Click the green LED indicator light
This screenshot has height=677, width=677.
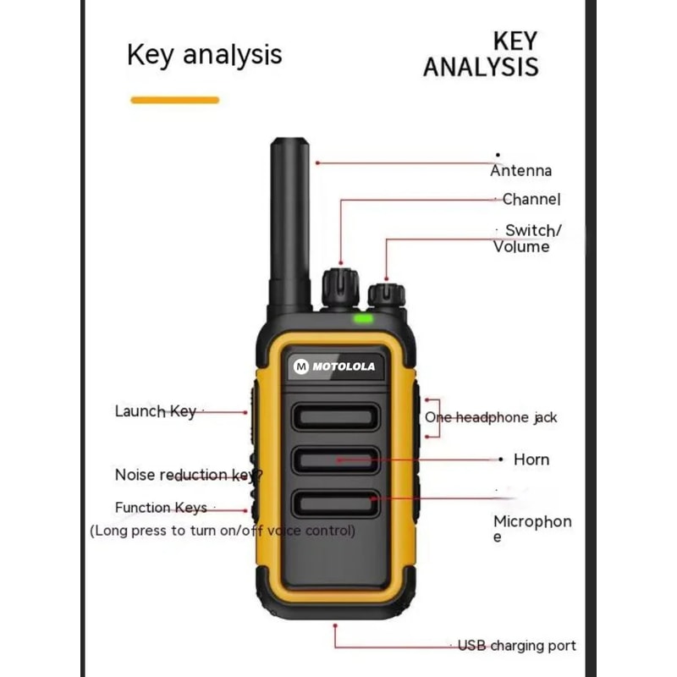pos(364,319)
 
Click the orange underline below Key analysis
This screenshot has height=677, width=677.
pos(174,100)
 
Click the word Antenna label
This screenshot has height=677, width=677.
pos(520,171)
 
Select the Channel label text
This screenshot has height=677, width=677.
pos(531,200)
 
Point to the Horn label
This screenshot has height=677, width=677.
pos(531,460)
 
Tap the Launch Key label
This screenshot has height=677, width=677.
pos(156,411)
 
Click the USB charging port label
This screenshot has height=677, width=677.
pos(517,646)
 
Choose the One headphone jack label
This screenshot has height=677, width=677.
pos(491,417)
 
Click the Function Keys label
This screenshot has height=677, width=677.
pos(161,508)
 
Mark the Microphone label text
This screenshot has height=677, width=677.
pos(532,528)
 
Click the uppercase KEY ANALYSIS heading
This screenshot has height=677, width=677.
pos(481,54)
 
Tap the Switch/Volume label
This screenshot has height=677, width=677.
pos(527,239)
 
